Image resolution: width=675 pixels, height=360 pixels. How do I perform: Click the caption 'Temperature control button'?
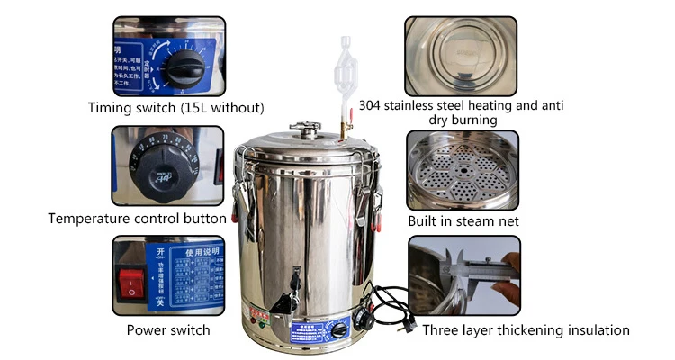click(137, 218)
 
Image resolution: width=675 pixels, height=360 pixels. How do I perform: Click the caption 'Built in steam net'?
click(463, 220)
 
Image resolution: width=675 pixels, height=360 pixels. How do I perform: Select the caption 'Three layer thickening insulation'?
click(526, 330)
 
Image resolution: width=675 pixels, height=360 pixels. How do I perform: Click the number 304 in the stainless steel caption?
click(370, 104)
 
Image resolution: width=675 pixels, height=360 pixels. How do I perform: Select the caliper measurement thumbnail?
click(463, 274)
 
